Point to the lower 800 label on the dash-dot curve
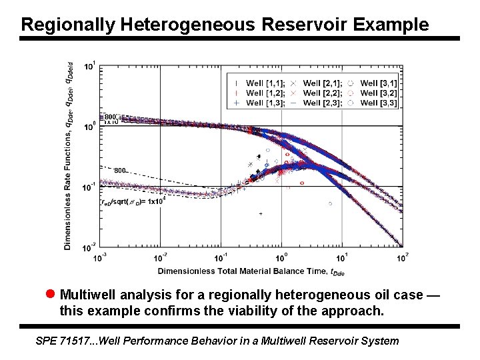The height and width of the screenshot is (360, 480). click(120, 171)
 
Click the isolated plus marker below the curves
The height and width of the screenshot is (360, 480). click(261, 213)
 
